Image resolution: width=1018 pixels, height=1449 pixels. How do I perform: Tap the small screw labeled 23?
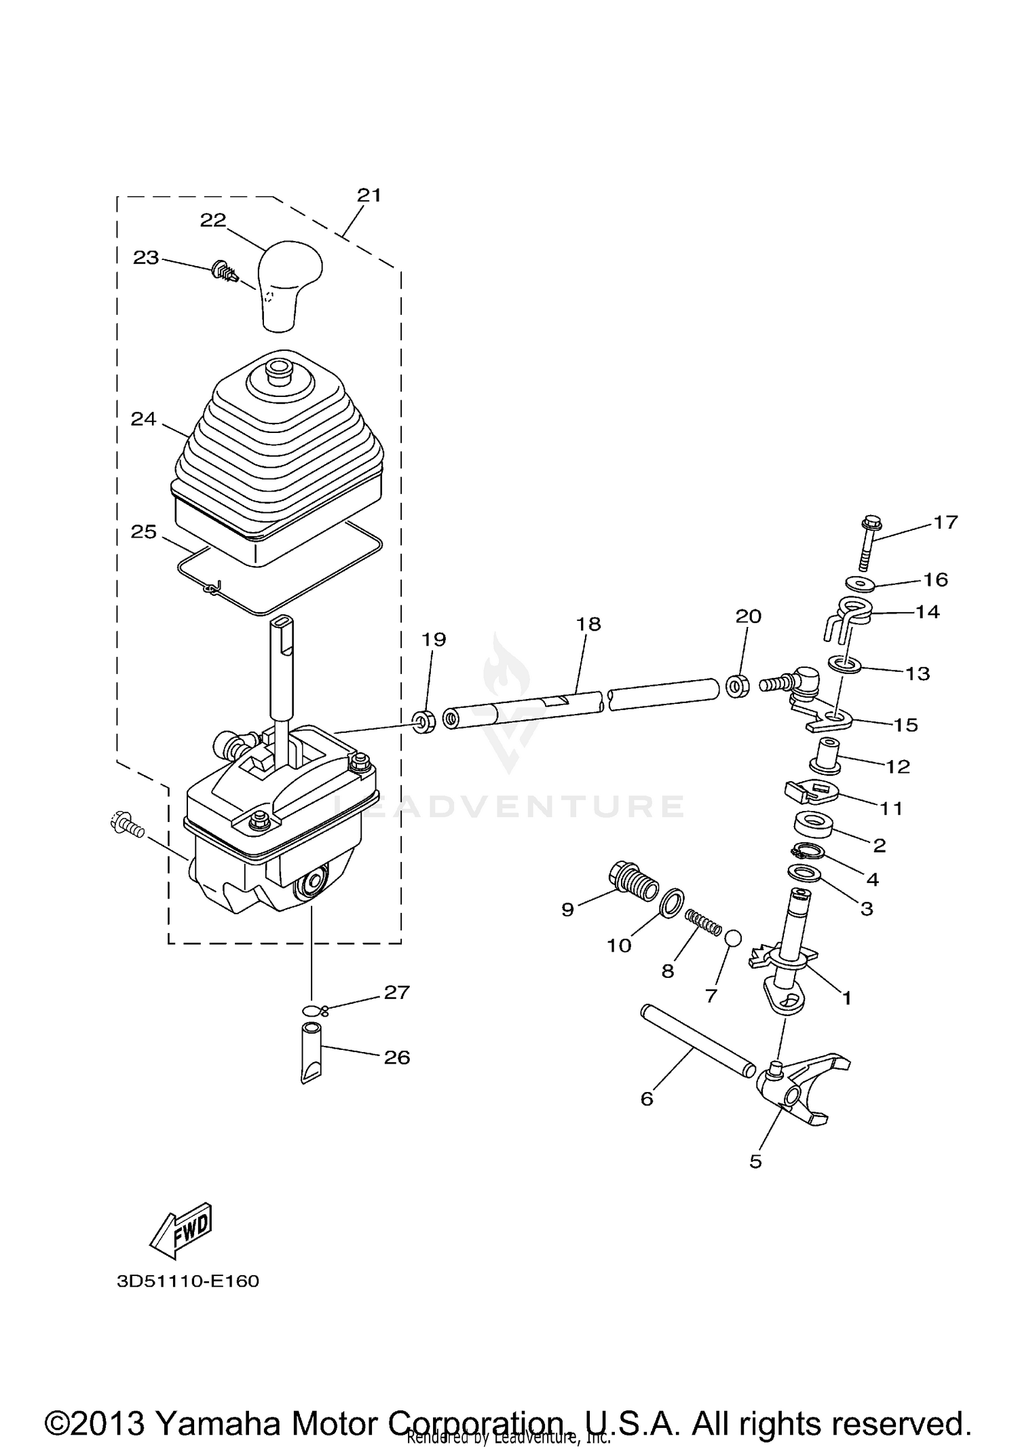tap(223, 271)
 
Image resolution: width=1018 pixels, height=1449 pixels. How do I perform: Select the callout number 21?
tap(369, 195)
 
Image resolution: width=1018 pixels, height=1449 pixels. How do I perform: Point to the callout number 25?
tap(144, 531)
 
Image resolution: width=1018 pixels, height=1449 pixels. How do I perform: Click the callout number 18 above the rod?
tap(588, 624)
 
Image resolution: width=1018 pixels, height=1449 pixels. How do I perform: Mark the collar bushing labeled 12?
tap(826, 755)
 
